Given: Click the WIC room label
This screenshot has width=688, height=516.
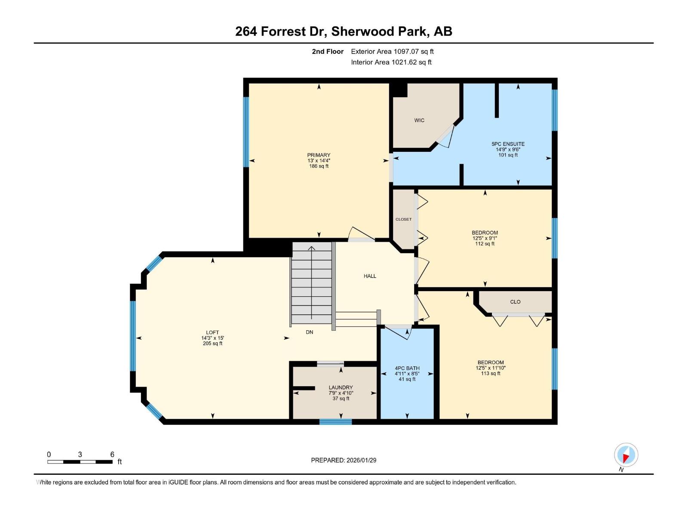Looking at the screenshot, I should (x=419, y=120).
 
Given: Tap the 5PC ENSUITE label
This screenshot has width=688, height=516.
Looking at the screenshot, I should (x=508, y=144).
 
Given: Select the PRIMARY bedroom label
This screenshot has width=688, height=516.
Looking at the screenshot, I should (x=319, y=155).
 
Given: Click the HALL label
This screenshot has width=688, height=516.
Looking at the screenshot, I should (x=370, y=276).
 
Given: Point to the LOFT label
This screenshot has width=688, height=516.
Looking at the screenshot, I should (x=212, y=332).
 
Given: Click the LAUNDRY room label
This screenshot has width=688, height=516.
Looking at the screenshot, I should (x=341, y=387).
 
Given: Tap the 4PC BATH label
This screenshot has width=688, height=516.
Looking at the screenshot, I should (x=407, y=368).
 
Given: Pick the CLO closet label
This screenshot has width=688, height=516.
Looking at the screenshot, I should (x=515, y=302).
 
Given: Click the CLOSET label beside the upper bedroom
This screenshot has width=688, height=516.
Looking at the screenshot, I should (x=403, y=219).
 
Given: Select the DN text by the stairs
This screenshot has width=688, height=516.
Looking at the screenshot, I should (x=309, y=332).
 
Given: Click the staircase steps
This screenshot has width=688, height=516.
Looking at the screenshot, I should (x=311, y=284).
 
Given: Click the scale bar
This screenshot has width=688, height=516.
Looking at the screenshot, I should (x=80, y=462).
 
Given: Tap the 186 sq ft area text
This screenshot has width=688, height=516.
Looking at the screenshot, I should (x=319, y=166).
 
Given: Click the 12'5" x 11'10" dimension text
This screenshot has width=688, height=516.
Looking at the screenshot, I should (x=490, y=368).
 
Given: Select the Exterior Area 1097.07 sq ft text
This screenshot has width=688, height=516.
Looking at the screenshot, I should (x=392, y=52).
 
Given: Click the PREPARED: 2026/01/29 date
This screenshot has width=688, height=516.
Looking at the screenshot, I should (x=344, y=460).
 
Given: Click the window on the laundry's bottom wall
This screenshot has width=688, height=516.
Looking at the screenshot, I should (x=335, y=422).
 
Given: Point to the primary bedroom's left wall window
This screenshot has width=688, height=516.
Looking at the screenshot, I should (x=246, y=132).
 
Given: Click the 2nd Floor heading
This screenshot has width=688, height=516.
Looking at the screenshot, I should (x=328, y=52).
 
